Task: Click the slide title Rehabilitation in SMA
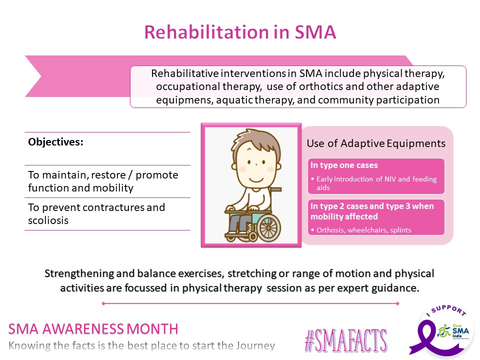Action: click(240, 32)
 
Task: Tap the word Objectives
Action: click(55, 141)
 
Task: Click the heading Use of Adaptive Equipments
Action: click(375, 143)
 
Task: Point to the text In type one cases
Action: click(343, 165)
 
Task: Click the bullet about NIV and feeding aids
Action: click(373, 182)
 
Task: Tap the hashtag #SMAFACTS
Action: click(345, 341)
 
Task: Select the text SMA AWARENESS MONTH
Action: click(93, 328)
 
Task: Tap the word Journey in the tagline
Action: click(255, 345)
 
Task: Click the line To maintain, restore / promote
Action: click(103, 175)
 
